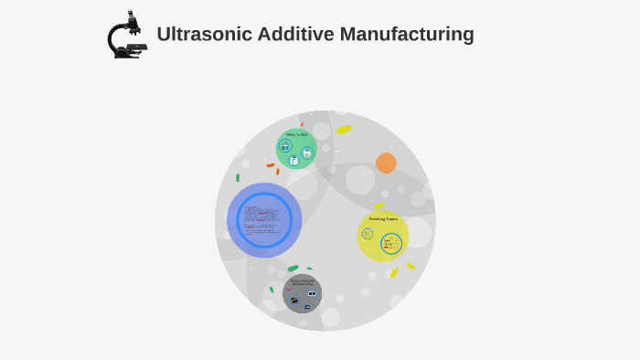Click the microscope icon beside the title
127,35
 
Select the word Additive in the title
293,35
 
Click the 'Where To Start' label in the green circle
296,135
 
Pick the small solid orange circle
386,163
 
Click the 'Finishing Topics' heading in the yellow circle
382,219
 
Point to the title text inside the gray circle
302,282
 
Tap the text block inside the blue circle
263,219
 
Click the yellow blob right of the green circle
344,130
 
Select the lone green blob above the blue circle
238,177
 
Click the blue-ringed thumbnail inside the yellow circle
391,244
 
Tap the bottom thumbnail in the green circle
294,161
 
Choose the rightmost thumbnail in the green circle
307,153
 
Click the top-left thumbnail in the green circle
286,145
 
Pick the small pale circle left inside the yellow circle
368,234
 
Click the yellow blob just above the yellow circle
379,206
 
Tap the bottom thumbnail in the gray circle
306,307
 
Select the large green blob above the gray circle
293,269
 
